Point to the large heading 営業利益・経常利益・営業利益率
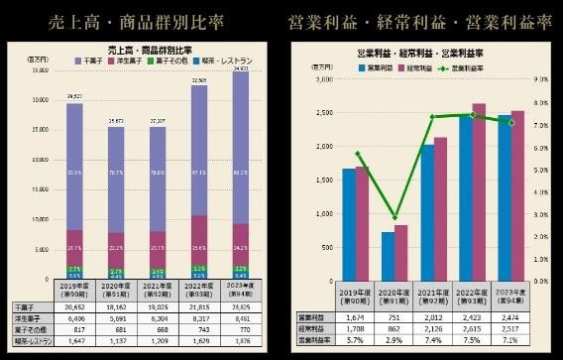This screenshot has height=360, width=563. (x=420, y=22)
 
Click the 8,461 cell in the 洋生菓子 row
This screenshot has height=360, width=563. (x=242, y=320)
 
